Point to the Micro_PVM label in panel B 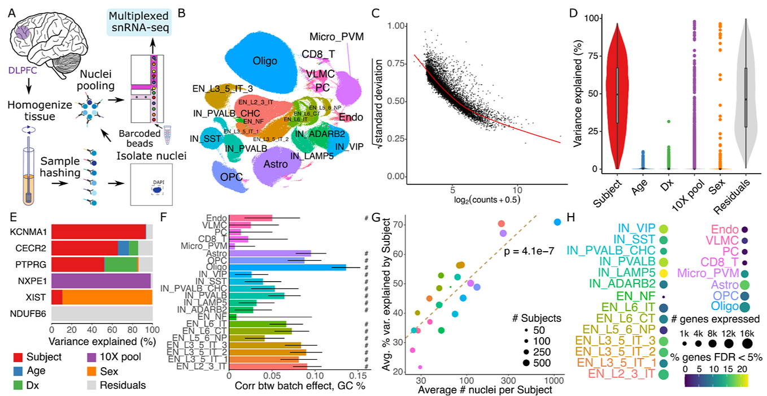336,37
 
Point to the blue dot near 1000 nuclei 557,222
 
